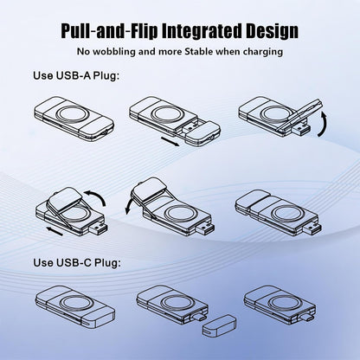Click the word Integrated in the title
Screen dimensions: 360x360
pos(201,30)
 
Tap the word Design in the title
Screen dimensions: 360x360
pos(272,31)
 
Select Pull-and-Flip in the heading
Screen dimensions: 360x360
pos(109,31)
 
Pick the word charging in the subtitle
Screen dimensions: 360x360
pos(263,52)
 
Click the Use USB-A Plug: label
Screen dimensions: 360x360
pos(76,75)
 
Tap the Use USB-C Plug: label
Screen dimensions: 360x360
pos(77,262)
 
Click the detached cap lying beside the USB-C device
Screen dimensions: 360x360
pos(218,325)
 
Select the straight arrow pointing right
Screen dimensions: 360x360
pos(170,141)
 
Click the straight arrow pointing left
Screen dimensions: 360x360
pos(55,231)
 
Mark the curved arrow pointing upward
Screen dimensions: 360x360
pos(325,124)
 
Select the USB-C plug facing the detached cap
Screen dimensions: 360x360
pos(199,318)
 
